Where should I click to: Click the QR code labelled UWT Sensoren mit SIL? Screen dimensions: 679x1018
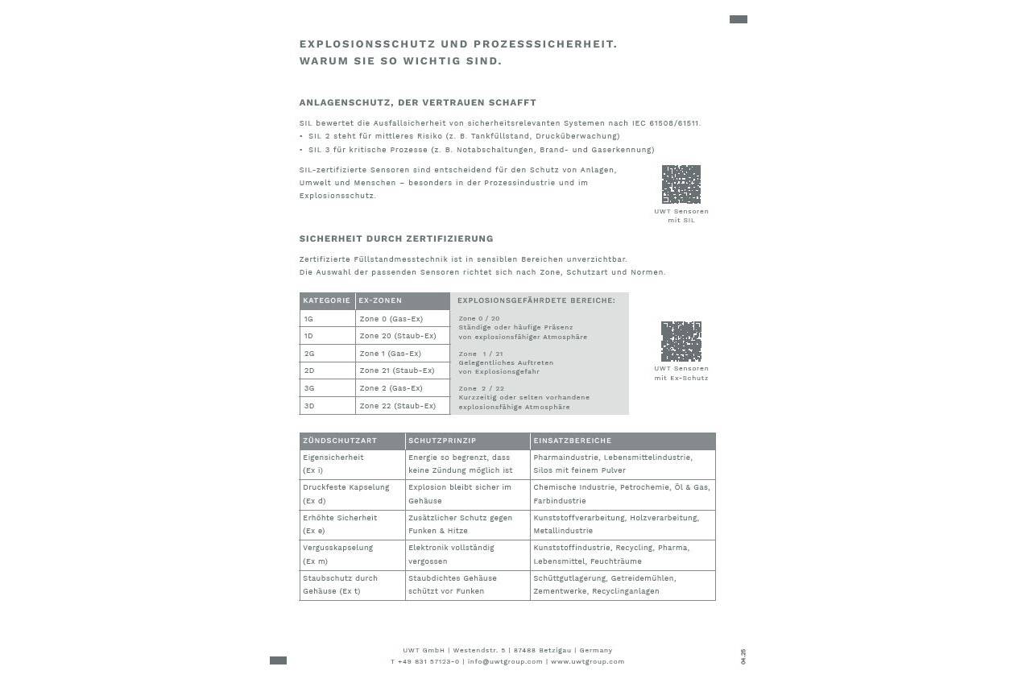coord(681,184)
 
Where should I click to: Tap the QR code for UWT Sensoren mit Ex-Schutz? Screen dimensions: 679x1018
coord(681,342)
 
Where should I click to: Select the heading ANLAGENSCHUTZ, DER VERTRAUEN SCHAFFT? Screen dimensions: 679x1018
coord(417,103)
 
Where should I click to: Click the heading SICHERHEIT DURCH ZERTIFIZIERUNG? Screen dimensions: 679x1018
coord(396,239)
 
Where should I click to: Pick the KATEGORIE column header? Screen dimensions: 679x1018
coord(327,301)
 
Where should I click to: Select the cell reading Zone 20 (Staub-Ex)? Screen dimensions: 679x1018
coord(398,336)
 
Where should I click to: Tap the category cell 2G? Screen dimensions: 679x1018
coord(309,354)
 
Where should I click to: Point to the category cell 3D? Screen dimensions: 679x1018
coord(309,406)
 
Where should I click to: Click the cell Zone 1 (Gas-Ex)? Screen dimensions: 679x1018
coord(390,354)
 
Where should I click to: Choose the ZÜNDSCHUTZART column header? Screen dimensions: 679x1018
coord(340,441)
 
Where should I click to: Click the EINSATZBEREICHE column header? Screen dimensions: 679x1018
coord(573,441)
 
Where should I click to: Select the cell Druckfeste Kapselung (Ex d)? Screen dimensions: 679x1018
coord(346,494)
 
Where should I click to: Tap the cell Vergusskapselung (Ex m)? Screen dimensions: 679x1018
coord(338,554)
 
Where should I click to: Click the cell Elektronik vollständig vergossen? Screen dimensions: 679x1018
coord(451,554)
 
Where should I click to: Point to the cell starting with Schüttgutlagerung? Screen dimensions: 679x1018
coord(604,585)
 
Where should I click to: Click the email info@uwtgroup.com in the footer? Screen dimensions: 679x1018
coord(505,662)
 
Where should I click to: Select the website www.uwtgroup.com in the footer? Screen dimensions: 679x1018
coord(587,662)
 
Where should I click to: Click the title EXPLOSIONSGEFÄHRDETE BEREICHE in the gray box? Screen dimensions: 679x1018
coord(536,301)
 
